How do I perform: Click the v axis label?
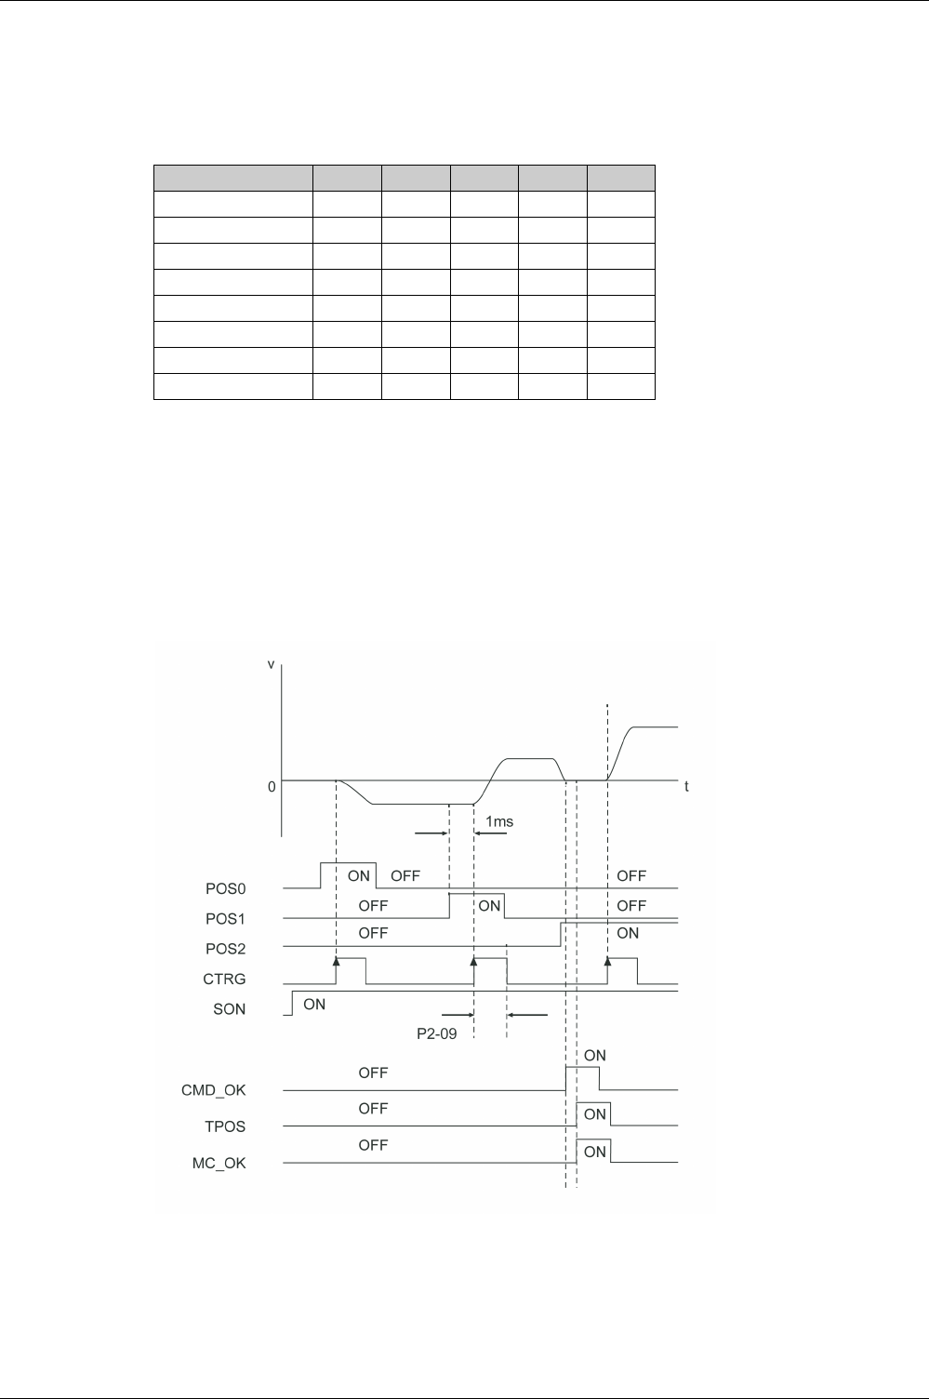[271, 665]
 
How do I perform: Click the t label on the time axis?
[686, 786]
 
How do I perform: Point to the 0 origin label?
[272, 786]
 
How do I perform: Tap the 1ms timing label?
[499, 821]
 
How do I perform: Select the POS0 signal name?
[225, 888]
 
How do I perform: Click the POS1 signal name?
[225, 918]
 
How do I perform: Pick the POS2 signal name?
[225, 948]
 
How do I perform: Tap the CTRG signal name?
[225, 979]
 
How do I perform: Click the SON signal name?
[230, 1008]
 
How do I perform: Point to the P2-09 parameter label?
[436, 1033]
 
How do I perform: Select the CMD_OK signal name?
[214, 1089]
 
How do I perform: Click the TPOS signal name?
[226, 1126]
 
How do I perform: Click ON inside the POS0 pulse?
[359, 876]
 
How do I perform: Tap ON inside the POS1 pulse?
[489, 905]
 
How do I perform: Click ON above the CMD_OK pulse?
[594, 1055]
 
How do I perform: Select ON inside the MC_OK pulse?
[594, 1152]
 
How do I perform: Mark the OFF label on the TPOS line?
[373, 1108]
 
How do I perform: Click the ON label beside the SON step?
[314, 1004]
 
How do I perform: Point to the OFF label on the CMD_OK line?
[373, 1073]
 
